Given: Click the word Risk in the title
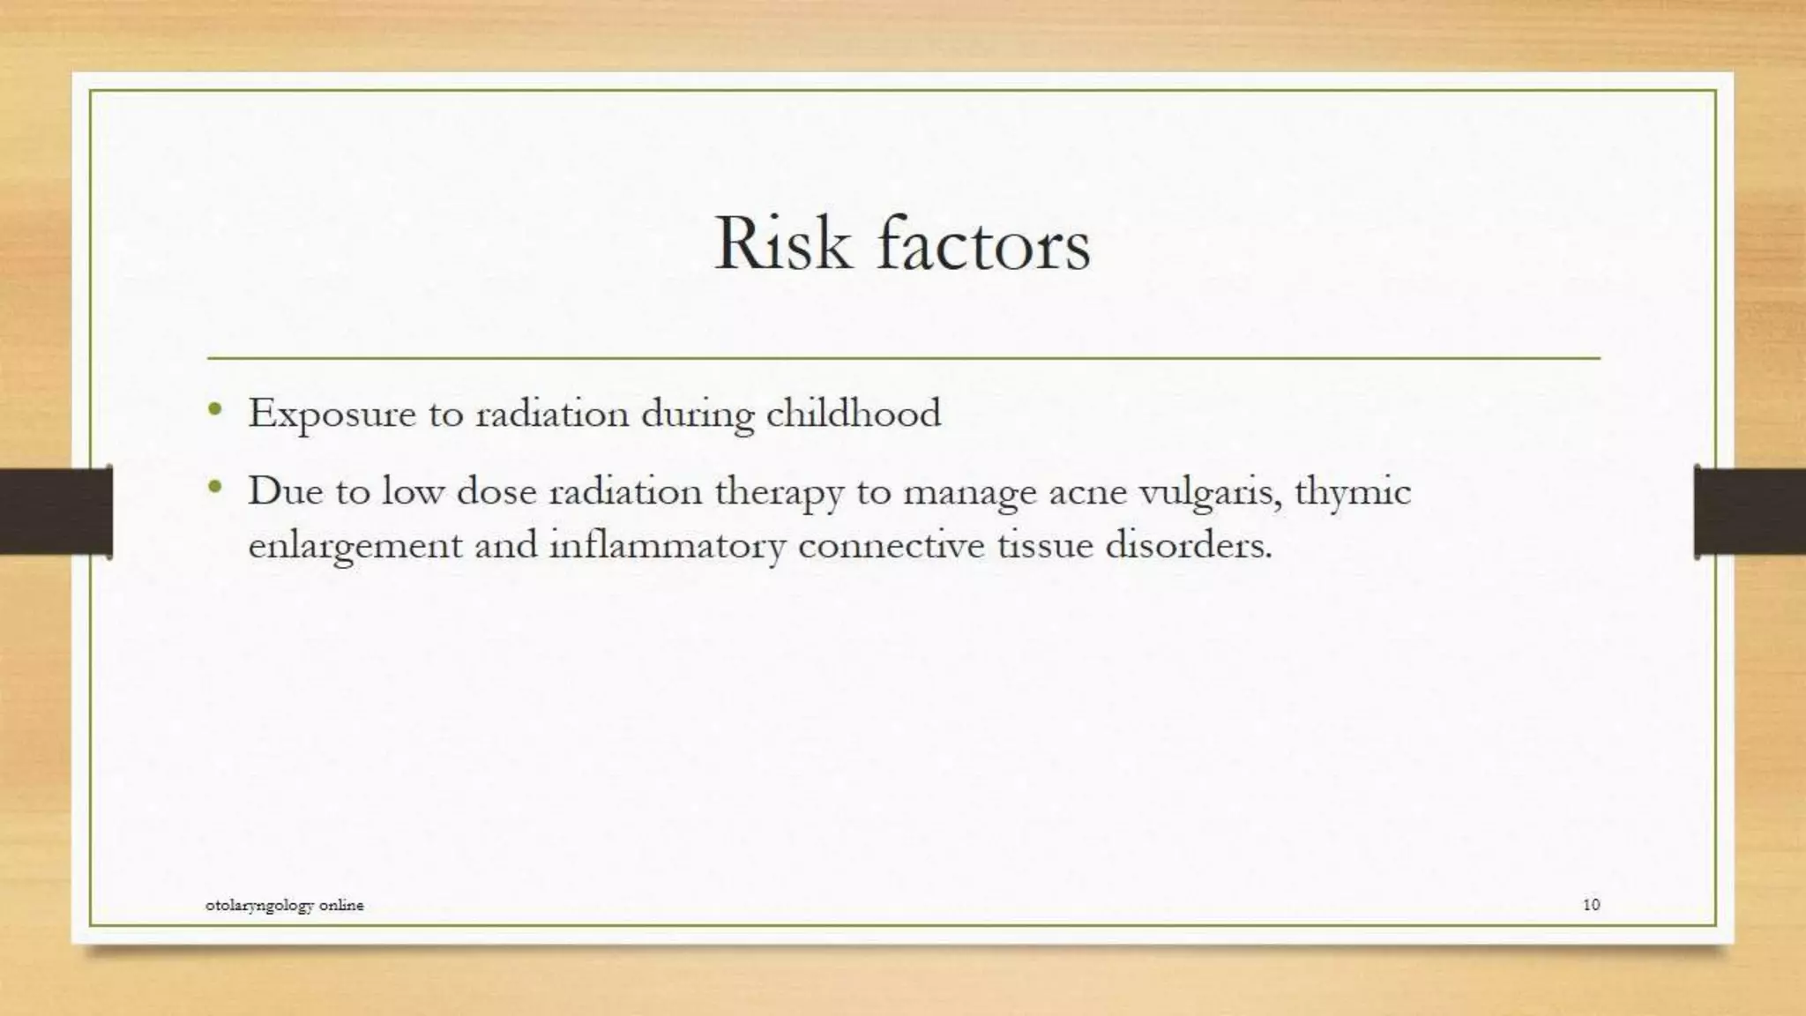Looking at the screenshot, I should click(782, 243).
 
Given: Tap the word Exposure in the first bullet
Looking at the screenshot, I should click(332, 414).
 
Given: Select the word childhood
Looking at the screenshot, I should click(853, 413).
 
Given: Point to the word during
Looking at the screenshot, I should click(697, 415).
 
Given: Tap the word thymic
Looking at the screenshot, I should click(1353, 492).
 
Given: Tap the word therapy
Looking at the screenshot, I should click(779, 492).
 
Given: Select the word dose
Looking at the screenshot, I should click(496, 491).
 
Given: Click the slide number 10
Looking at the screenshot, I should click(1591, 904).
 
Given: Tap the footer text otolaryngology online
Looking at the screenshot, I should click(284, 905).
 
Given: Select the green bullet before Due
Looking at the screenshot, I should click(214, 487).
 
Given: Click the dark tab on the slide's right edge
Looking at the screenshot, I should click(1750, 512).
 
